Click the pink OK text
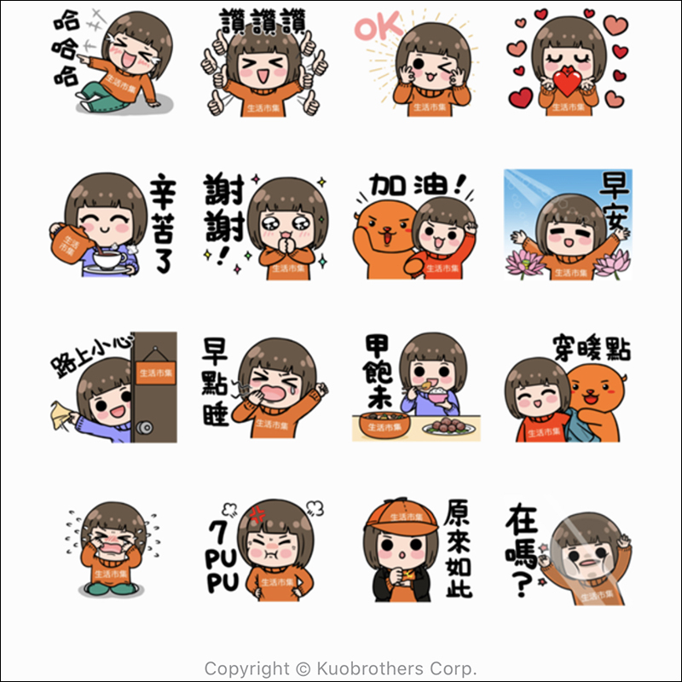pyautogui.click(x=379, y=26)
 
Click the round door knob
pyautogui.click(x=144, y=427)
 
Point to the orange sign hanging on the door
pyautogui.click(x=155, y=373)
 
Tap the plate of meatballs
pyautogui.click(x=448, y=427)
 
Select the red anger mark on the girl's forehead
pyautogui.click(x=257, y=515)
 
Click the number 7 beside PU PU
pyautogui.click(x=217, y=532)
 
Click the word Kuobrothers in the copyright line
pyautogui.click(x=370, y=668)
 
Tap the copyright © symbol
pyautogui.click(x=303, y=669)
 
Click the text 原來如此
pyautogui.click(x=458, y=548)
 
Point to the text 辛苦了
pyautogui.click(x=163, y=223)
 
